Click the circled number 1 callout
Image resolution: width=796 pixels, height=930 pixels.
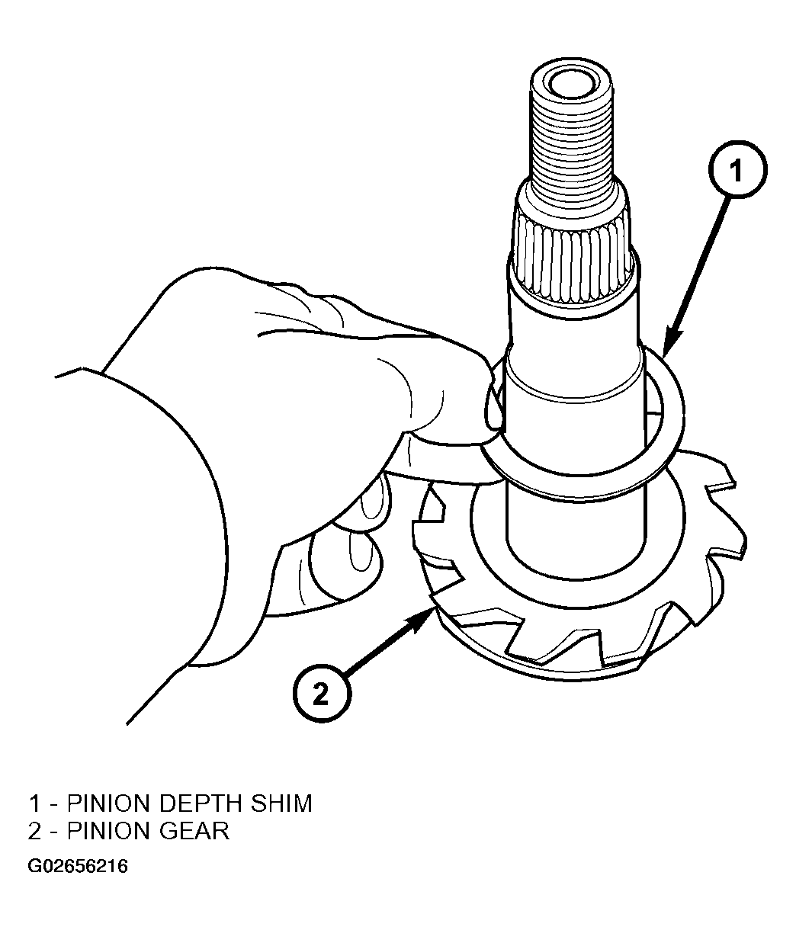point(737,170)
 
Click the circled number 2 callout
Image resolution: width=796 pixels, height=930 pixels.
point(322,694)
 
